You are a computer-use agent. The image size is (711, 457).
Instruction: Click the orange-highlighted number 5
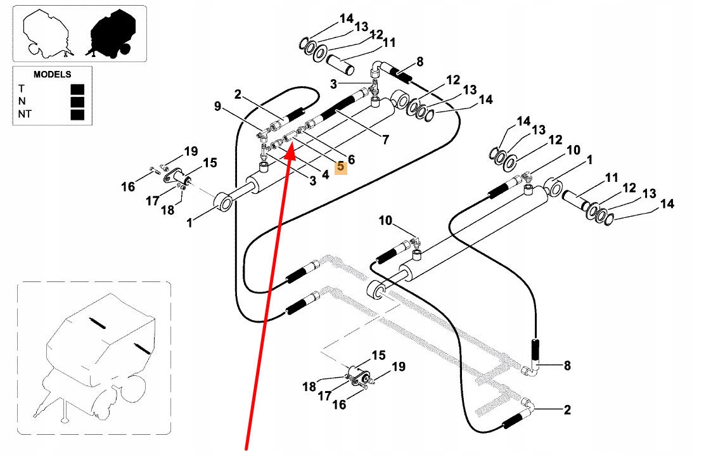pos(340,167)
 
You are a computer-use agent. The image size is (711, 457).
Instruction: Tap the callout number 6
pos(351,160)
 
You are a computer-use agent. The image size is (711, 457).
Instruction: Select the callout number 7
pos(385,139)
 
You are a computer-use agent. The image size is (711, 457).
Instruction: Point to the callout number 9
pos(217,106)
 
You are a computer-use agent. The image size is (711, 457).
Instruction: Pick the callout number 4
pos(325,174)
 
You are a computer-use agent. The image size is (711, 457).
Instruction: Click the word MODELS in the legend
pos(52,74)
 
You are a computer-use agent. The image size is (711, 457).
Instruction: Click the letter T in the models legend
pos(22,88)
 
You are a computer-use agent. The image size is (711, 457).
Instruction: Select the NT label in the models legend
pos(25,114)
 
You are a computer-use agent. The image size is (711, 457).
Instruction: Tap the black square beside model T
pos(77,89)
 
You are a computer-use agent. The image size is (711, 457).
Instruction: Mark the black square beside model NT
pos(77,114)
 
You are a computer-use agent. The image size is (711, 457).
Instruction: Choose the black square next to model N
pos(77,101)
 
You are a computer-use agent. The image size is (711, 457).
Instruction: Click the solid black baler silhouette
pos(110,34)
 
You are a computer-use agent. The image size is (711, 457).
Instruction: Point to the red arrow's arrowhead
pos(290,150)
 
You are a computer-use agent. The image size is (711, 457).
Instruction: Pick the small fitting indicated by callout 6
pos(301,131)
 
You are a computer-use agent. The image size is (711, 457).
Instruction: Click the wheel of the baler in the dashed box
pos(132,390)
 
